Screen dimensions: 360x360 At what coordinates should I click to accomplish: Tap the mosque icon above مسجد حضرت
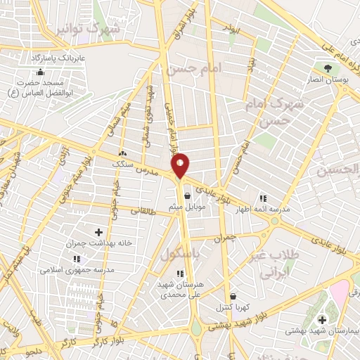(x=40, y=72)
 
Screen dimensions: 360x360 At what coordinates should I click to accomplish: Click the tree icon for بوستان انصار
(x=328, y=68)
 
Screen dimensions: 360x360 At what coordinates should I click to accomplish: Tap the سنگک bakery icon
(x=123, y=153)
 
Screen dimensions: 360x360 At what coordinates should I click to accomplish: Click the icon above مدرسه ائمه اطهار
(x=264, y=198)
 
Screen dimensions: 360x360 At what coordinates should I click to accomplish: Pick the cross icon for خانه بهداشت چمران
(x=98, y=232)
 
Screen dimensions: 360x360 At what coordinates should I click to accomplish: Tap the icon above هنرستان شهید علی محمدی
(x=180, y=273)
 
